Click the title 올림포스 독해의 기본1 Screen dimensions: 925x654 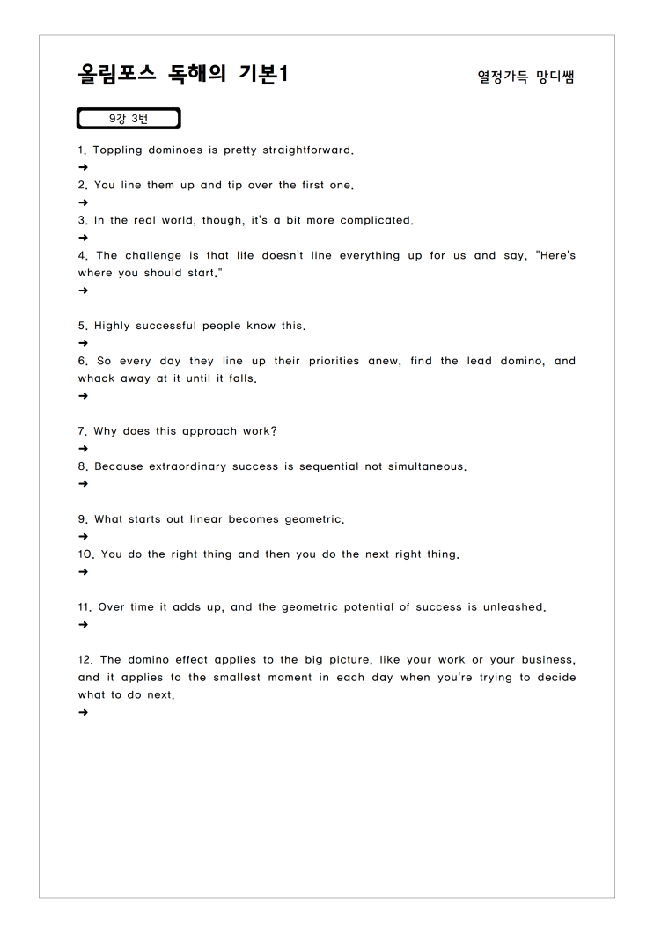pos(184,75)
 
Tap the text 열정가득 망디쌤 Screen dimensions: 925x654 pos(525,77)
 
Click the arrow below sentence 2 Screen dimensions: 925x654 pos(83,202)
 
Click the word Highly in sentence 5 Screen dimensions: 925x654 pos(111,326)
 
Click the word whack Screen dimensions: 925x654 pos(97,378)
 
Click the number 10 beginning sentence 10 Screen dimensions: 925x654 pos(85,554)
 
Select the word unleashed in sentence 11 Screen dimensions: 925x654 pos(515,607)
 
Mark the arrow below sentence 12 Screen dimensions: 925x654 pos(83,712)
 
